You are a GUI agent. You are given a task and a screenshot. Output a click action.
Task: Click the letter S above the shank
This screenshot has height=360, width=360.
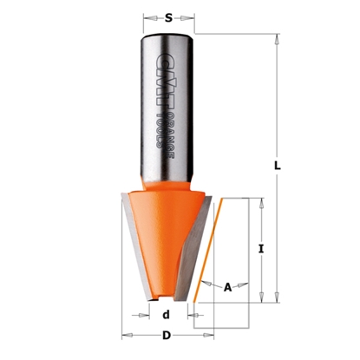click(167, 15)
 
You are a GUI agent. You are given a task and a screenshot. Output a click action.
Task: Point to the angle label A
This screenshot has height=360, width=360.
click(228, 287)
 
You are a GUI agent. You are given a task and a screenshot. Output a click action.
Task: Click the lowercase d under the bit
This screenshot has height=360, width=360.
click(166, 315)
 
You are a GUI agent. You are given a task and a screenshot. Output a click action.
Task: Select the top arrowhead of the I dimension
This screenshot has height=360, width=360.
click(261, 202)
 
